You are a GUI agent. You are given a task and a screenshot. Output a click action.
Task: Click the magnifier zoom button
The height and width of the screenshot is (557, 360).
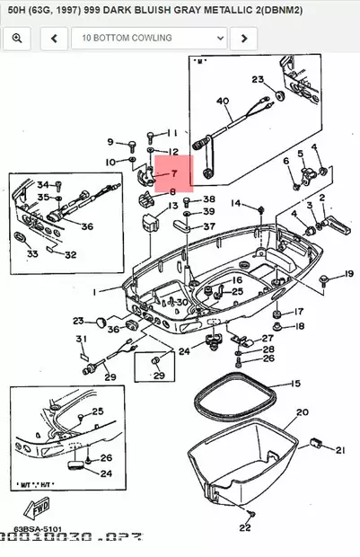[17, 39]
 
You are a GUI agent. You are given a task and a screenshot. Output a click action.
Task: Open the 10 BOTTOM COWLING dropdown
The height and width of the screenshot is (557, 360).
[148, 39]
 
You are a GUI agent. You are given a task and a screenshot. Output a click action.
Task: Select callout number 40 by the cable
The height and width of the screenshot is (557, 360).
[223, 102]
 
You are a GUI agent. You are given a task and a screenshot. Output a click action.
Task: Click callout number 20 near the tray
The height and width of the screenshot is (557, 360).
[302, 412]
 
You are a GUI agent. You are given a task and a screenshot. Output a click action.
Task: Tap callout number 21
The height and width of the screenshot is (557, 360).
[339, 449]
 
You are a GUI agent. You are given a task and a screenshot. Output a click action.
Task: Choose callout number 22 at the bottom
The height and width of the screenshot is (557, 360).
[245, 527]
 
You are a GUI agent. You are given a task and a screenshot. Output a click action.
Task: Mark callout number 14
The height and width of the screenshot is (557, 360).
[236, 204]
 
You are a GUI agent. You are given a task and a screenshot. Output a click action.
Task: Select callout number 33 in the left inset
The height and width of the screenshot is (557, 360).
[32, 254]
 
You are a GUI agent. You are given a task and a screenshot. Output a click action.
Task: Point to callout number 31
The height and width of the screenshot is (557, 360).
[81, 339]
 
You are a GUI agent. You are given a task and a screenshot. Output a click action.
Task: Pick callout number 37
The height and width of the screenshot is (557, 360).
[208, 226]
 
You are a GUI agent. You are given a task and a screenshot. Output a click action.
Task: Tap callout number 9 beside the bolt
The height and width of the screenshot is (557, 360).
[110, 142]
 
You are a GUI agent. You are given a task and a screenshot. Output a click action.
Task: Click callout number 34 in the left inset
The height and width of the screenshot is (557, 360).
[42, 184]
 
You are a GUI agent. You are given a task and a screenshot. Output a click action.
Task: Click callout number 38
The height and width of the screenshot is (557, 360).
[209, 199]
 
